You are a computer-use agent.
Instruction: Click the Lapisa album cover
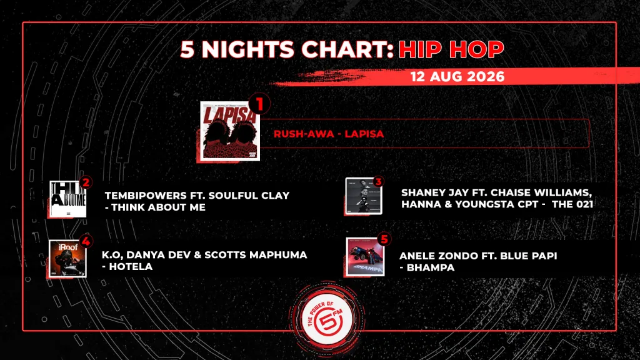coord(230,131)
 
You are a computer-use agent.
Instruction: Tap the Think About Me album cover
coord(67,199)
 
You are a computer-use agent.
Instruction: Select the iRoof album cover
coord(67,259)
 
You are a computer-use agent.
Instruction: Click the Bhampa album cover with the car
coord(365,257)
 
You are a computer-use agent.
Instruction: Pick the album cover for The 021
coord(364,196)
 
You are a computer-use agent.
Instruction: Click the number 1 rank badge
coord(259,104)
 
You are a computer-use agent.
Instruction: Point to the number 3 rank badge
coord(378,182)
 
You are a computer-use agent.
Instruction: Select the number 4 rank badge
coord(86,241)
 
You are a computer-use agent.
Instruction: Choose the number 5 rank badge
coord(384,239)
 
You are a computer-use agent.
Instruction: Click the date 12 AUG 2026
coord(457,77)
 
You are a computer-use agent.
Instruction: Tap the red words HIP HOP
coord(451,49)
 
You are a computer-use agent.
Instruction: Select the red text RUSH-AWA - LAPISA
coord(329,134)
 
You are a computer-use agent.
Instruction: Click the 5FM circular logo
coord(327,319)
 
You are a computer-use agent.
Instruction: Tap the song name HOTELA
coord(131,266)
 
